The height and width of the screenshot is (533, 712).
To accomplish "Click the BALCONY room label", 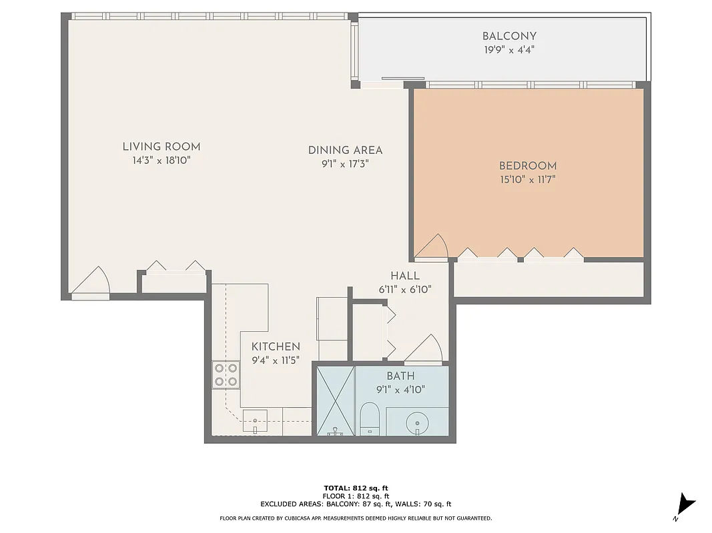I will point(509,36).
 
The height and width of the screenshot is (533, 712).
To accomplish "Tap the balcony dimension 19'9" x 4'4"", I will point(509,50).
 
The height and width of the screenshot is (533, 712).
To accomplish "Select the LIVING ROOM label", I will point(161,147).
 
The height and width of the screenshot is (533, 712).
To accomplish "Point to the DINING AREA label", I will point(345,150).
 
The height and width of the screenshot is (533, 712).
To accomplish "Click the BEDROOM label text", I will point(528,166).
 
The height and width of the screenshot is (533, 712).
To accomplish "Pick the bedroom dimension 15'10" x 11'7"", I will point(528,179).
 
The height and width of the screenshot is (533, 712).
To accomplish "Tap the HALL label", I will point(405,276).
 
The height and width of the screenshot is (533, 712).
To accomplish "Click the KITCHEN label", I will point(276,346).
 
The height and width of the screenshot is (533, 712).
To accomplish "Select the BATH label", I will point(400,376).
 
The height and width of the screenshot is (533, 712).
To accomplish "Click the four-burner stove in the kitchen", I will point(226,374).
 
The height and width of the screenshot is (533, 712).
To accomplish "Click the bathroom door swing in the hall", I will point(424,349).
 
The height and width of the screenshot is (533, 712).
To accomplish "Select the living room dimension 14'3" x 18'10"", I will point(161,161).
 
